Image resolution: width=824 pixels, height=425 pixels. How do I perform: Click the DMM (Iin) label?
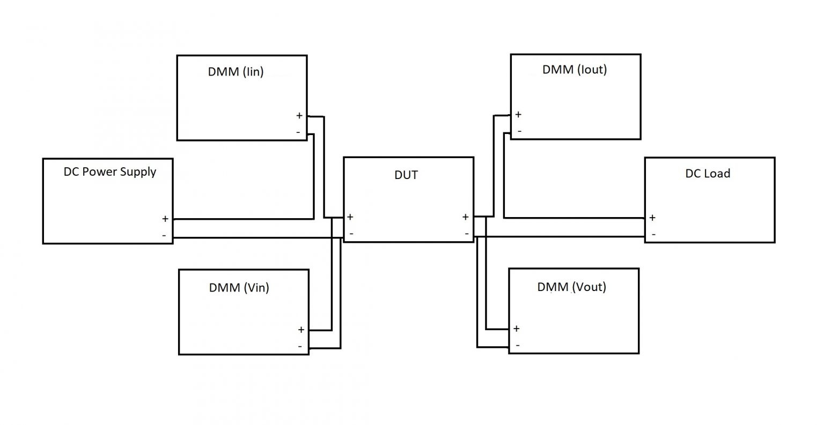(x=236, y=72)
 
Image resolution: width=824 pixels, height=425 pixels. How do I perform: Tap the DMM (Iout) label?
(x=575, y=70)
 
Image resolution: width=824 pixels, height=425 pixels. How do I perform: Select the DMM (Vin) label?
(x=239, y=288)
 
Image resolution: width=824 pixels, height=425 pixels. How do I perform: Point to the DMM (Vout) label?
(x=571, y=287)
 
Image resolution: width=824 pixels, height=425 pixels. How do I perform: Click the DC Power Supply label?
(x=110, y=172)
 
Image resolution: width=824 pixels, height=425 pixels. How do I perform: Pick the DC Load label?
(x=708, y=174)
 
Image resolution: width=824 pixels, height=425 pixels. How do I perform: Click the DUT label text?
(x=406, y=175)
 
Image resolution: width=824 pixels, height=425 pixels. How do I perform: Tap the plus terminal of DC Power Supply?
(x=165, y=219)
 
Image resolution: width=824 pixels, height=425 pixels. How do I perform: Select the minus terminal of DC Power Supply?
(x=164, y=235)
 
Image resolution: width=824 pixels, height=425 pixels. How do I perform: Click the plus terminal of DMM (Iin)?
(x=299, y=116)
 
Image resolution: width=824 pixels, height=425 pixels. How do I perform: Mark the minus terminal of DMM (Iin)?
(x=298, y=132)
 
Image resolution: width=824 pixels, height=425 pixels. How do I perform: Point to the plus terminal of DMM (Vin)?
(x=301, y=330)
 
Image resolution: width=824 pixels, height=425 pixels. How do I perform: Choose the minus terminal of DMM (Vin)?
(x=300, y=346)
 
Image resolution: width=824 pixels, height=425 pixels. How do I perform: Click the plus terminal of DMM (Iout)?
(x=518, y=114)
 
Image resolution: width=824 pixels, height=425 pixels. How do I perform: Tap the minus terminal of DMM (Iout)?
(x=519, y=131)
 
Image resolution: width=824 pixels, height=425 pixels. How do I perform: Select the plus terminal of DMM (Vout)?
(x=516, y=329)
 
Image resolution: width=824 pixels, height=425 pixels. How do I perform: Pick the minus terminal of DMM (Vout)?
(x=517, y=345)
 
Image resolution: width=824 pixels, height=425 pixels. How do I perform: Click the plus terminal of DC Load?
(x=652, y=218)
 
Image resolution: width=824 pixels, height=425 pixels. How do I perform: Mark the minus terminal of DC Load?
(x=653, y=234)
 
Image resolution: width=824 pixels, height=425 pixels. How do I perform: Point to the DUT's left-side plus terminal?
(x=350, y=217)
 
